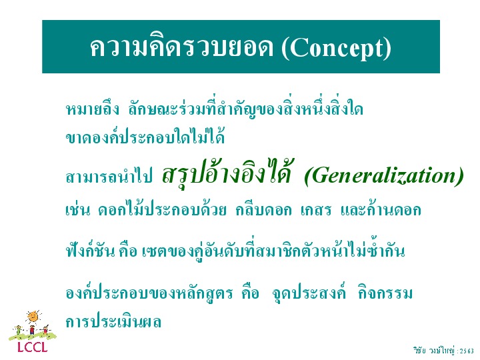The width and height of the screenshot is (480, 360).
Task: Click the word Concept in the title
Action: pyautogui.click(x=337, y=49)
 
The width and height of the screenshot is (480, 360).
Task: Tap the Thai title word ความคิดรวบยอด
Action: pyautogui.click(x=181, y=47)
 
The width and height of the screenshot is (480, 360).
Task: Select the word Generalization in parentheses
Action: pyautogui.click(x=384, y=176)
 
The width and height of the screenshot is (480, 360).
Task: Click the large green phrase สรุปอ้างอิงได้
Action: pyautogui.click(x=226, y=173)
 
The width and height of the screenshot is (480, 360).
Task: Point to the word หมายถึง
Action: pyautogui.click(x=93, y=109)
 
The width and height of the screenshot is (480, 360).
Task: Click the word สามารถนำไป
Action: pyautogui.click(x=109, y=176)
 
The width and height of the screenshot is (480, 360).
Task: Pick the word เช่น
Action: pyautogui.click(x=78, y=209)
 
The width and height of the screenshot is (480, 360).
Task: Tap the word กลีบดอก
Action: pyautogui.click(x=263, y=210)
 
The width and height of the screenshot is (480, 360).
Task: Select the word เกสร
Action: pyautogui.click(x=316, y=210)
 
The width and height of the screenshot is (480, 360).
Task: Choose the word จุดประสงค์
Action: pyautogui.click(x=309, y=293)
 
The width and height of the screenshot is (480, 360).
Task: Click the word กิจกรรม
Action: pyautogui.click(x=385, y=293)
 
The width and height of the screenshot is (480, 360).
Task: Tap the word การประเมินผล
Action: pyautogui.click(x=113, y=321)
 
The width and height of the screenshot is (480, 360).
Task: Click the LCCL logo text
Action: pyautogui.click(x=33, y=347)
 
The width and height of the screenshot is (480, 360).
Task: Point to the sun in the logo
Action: pyautogui.click(x=33, y=317)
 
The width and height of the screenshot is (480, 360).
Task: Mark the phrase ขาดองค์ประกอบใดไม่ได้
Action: pyautogui.click(x=145, y=137)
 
